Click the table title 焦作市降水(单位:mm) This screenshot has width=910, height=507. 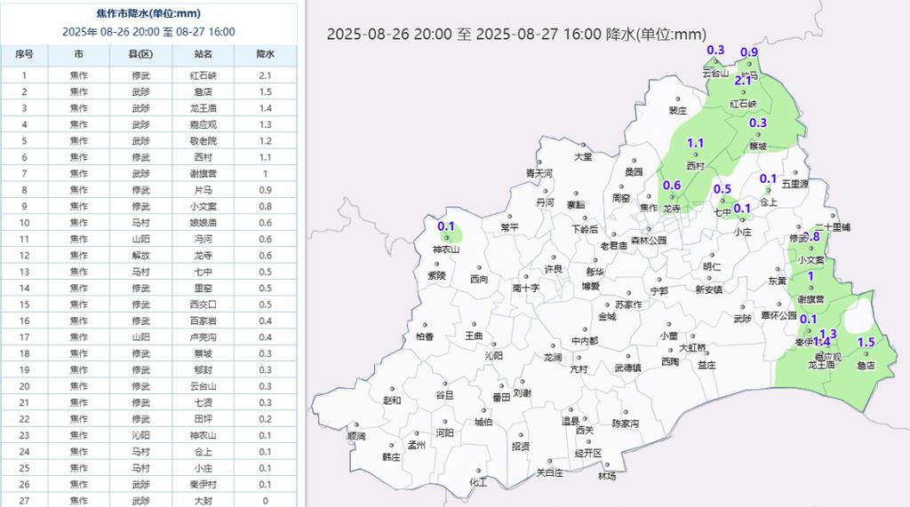[x=148, y=14]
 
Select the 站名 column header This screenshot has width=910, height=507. [x=204, y=54]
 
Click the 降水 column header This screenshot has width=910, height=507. [x=265, y=54]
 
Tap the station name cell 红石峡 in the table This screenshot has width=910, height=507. [x=204, y=75]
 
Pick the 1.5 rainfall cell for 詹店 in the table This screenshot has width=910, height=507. [x=265, y=91]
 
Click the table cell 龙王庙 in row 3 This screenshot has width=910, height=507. [x=204, y=108]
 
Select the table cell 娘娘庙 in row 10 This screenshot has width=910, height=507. [x=204, y=223]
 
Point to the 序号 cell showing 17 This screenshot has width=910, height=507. [x=25, y=337]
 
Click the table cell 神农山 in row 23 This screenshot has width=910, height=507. [x=204, y=436]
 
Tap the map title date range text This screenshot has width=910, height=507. [x=516, y=35]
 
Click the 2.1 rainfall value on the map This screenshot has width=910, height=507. [x=743, y=81]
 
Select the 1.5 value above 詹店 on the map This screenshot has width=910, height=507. [x=866, y=343]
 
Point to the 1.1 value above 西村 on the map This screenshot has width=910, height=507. [x=696, y=143]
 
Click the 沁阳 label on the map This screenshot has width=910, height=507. [x=493, y=355]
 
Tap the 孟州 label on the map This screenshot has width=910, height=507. [x=416, y=445]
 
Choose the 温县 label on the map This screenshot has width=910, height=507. [x=570, y=421]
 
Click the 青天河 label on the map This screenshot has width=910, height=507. [x=539, y=173]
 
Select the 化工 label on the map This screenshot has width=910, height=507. [x=478, y=483]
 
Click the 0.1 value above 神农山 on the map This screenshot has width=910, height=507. [x=446, y=226]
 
